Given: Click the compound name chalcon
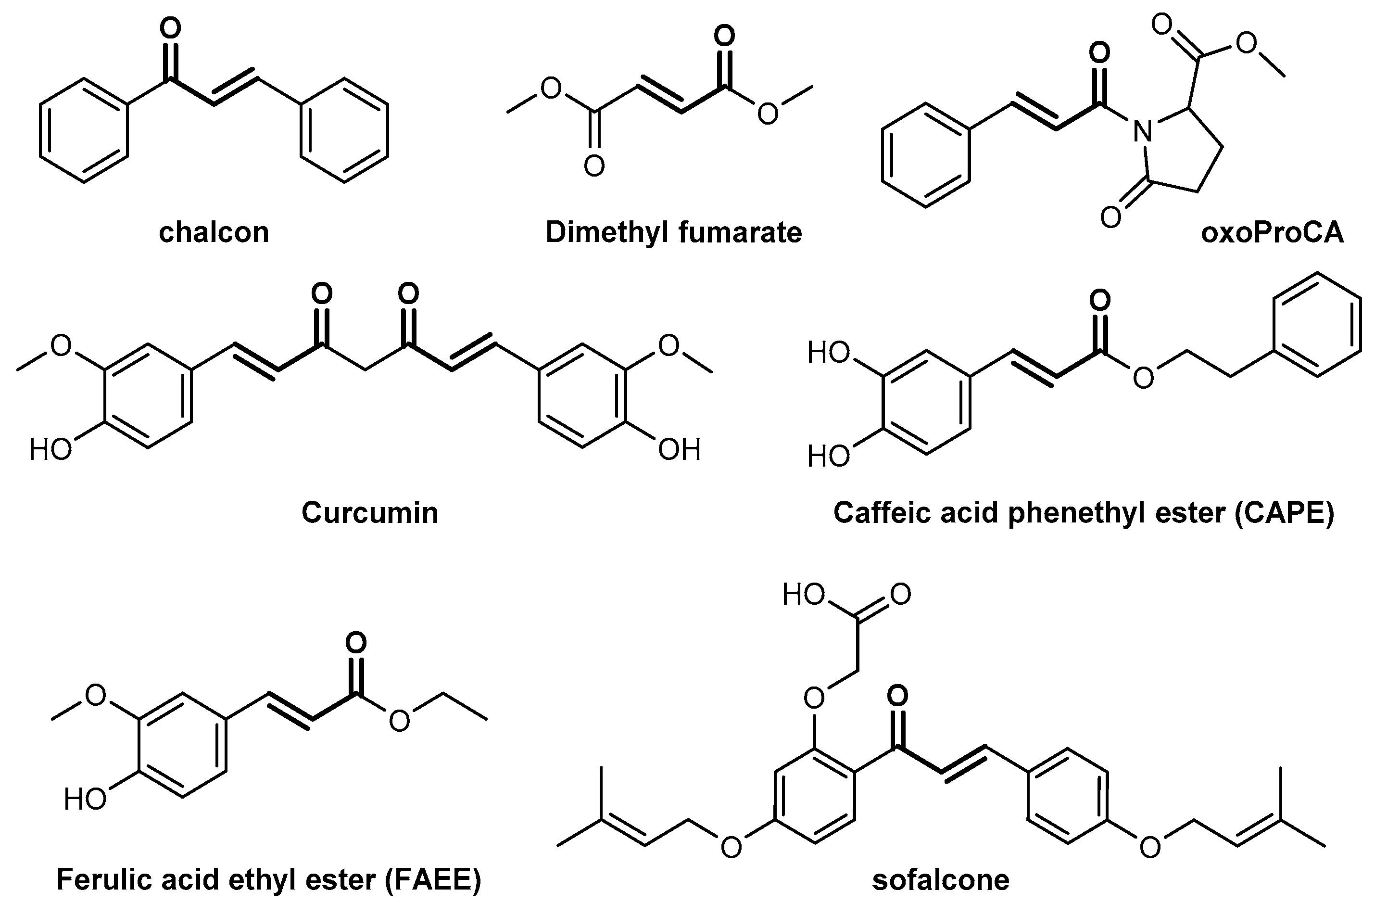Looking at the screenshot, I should (214, 233).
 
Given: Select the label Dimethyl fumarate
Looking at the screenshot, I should (674, 233).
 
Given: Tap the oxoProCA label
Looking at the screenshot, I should (1272, 233).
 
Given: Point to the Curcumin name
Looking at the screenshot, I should (370, 513).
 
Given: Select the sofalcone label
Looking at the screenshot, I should (941, 880).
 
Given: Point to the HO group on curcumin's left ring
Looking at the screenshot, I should (51, 449).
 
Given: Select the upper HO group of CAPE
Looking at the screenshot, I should (829, 353).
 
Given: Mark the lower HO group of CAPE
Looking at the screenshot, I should (829, 457).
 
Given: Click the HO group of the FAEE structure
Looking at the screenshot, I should (86, 800).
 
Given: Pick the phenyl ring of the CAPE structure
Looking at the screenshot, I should (1317, 325).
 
